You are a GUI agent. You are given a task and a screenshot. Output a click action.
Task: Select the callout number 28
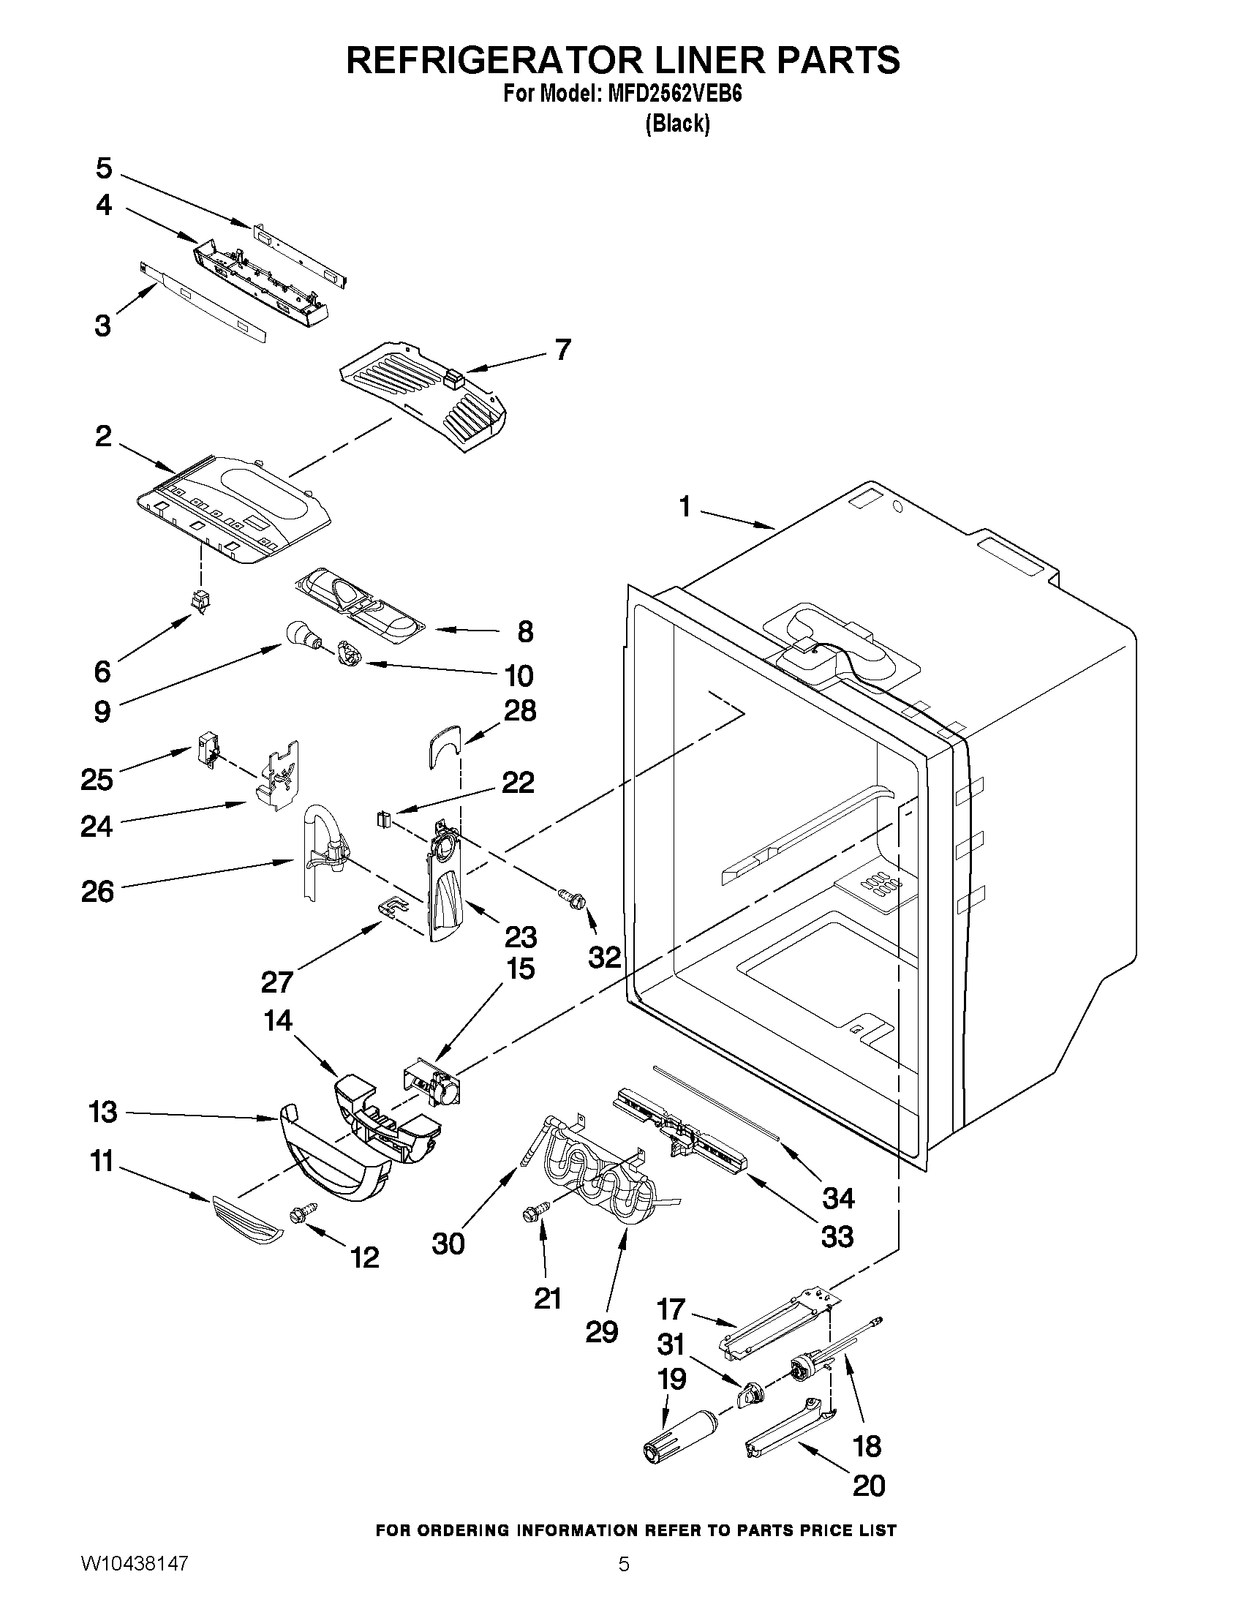(519, 711)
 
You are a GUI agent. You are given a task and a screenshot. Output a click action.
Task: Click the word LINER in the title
(690, 60)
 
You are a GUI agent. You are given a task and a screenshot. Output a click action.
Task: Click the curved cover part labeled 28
(442, 745)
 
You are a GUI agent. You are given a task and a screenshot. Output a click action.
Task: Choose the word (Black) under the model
(677, 124)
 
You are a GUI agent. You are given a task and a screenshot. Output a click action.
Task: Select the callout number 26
(97, 892)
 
